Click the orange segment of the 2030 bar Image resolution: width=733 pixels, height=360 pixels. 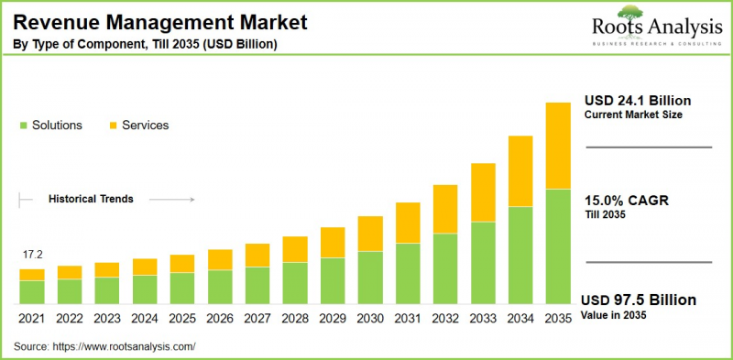point(370,234)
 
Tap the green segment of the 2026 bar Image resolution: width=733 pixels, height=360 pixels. point(220,287)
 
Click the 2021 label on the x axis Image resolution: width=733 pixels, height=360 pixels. point(32,318)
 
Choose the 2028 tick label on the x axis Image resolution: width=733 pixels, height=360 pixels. point(295,318)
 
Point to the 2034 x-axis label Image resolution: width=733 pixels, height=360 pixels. point(520,318)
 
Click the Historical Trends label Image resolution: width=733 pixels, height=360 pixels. point(91,199)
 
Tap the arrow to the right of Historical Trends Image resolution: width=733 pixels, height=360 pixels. point(171,199)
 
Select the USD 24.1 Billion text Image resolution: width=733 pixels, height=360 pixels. point(637,100)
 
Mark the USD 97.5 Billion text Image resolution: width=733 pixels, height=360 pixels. point(639,300)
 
